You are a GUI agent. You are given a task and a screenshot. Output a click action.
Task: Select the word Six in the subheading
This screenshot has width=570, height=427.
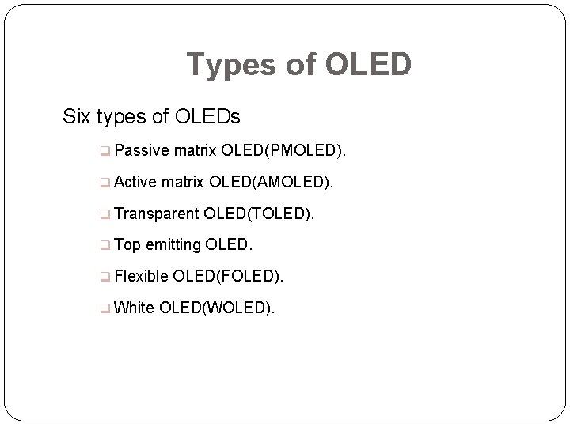tap(77, 118)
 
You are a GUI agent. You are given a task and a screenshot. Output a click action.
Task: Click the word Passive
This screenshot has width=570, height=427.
tap(142, 150)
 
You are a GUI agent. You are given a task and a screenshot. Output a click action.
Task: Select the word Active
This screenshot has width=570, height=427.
tap(136, 182)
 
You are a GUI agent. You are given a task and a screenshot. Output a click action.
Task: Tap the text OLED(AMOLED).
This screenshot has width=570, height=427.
tap(271, 182)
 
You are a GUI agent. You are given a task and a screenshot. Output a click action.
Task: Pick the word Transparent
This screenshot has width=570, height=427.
tap(157, 213)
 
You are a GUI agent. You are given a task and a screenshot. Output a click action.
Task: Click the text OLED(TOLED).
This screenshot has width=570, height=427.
tap(259, 213)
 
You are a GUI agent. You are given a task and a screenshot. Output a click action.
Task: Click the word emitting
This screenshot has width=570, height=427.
tap(173, 245)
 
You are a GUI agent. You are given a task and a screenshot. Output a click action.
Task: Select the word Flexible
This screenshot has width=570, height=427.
tap(142, 276)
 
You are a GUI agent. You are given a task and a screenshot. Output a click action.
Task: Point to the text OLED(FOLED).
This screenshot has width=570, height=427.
tap(228, 276)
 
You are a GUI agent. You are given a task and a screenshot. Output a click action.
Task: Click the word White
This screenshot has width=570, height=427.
tap(135, 308)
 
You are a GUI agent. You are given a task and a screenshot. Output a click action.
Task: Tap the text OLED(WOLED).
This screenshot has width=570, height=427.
tap(218, 308)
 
